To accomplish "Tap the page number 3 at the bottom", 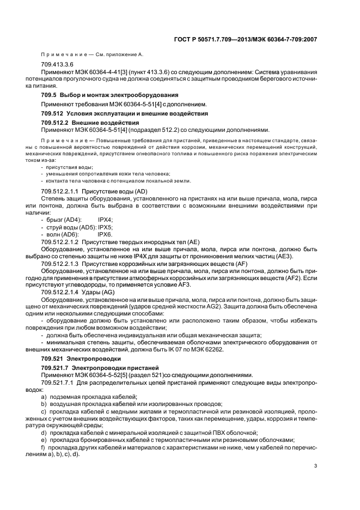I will point(315,466).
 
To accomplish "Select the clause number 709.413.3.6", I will point(57,64).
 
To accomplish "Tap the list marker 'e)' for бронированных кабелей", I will point(44,439).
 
